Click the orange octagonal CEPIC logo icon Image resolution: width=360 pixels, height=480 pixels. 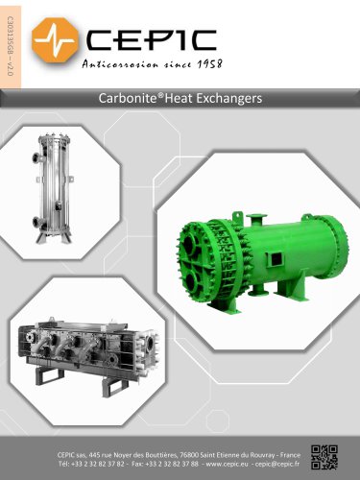pos(55,40)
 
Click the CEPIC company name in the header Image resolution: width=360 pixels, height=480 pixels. pos(151,40)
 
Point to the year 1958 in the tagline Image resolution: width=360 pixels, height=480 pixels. pos(209,63)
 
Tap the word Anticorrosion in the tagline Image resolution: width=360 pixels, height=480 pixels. pos(120,64)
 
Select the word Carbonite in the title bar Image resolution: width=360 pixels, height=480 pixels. pos(127,98)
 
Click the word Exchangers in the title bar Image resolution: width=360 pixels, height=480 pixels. pos(229,99)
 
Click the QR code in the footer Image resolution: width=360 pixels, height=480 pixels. pos(324,457)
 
